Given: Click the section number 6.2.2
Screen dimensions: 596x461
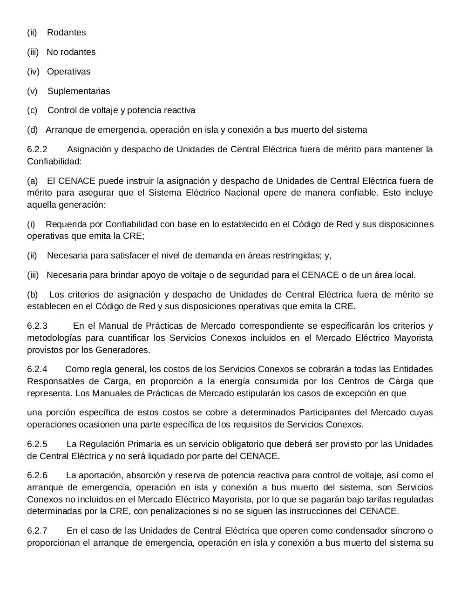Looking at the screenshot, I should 37,149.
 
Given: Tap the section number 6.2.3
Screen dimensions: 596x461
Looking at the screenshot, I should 37,326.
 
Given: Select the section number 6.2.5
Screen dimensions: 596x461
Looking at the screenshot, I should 37,444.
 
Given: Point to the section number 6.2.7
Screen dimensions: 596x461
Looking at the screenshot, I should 37,531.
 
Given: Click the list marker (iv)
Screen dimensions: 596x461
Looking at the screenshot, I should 34,72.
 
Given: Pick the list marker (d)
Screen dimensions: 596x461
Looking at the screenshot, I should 33,130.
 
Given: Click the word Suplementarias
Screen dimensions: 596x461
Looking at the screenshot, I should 79,91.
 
